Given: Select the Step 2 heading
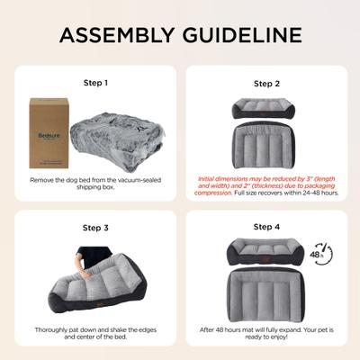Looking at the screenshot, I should pyautogui.click(x=266, y=83).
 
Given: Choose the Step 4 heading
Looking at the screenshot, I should pyautogui.click(x=266, y=228).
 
